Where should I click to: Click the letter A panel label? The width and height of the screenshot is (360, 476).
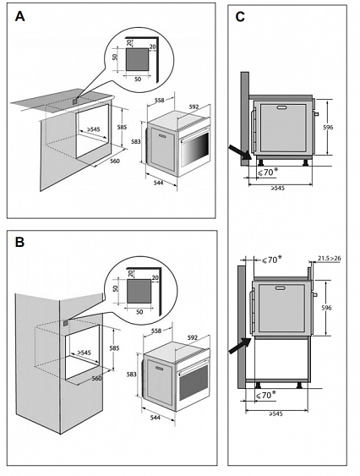coord(19,16)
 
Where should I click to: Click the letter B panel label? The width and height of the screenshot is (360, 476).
coord(19,243)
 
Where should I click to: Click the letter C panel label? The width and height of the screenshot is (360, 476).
coord(240,17)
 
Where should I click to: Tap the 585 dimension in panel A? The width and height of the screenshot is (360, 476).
coord(122,128)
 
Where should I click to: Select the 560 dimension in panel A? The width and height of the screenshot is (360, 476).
coord(115,161)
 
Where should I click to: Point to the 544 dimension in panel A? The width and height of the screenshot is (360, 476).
coord(158,183)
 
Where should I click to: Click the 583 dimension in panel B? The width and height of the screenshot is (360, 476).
coord(132,375)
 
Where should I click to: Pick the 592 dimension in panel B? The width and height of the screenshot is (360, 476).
coord(193,337)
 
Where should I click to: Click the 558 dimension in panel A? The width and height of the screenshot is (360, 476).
coord(159,100)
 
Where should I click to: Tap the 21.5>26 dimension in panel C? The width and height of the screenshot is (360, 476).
coord(330,259)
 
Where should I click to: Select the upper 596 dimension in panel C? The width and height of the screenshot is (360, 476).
coord(328,128)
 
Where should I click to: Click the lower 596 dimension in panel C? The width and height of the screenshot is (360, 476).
coord(326,308)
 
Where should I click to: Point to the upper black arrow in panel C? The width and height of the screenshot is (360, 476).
coord(240,152)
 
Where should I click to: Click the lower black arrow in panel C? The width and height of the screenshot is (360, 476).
coord(240,346)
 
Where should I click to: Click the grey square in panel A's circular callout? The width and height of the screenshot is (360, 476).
coord(138,59)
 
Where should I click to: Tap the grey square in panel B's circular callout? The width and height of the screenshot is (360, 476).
coord(139,292)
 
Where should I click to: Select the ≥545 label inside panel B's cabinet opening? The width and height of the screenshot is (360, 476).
coord(84,353)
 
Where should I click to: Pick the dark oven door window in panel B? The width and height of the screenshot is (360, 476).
coord(194,382)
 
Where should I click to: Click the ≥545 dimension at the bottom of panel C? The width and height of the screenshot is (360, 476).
coord(276,413)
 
